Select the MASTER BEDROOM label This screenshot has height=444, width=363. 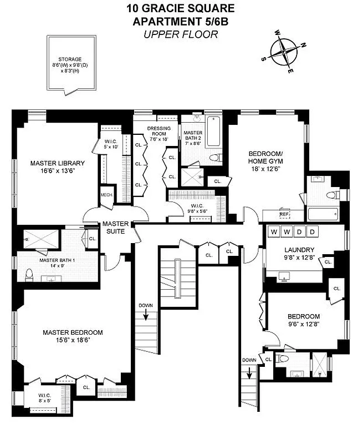[x=73, y=332]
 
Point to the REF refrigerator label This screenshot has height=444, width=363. [x=284, y=214]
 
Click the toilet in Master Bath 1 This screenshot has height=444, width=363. [x=29, y=273]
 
